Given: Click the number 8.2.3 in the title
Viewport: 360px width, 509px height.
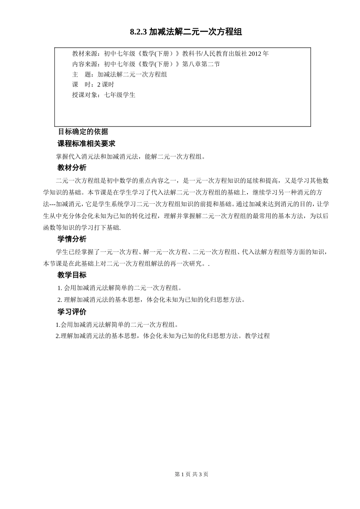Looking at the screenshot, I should point(138,32).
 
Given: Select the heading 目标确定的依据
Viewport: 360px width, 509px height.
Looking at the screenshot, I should point(83,132).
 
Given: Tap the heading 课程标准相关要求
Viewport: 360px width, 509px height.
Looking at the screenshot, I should point(86,144).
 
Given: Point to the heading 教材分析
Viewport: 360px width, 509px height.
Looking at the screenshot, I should point(72,168).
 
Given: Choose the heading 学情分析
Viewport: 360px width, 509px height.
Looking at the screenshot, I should point(72,239).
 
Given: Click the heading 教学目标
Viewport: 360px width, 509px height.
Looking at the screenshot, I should point(72,275).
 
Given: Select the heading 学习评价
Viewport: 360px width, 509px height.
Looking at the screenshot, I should point(72,312).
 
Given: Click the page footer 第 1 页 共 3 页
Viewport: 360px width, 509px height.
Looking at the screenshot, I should point(191,474).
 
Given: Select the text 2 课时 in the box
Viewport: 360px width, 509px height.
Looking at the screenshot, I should point(106,85).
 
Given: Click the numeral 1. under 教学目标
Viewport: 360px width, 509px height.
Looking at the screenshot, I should point(60,288).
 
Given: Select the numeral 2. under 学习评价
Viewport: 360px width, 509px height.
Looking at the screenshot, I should point(58,336).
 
